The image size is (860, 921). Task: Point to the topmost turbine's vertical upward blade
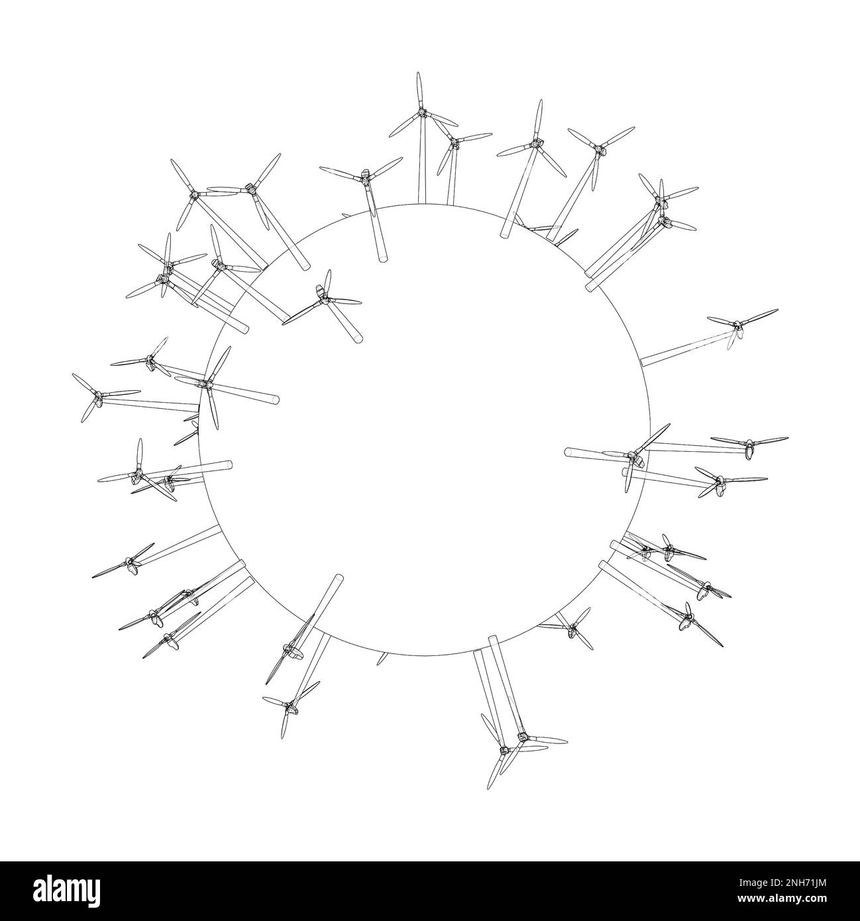419,89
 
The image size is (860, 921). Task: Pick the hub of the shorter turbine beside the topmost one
454,142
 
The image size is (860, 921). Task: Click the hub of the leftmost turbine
97,398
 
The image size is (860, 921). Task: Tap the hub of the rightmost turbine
749,447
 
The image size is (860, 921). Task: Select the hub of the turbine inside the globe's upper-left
323,299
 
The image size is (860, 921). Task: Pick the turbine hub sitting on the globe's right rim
634,456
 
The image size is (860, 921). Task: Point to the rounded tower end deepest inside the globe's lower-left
340,578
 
